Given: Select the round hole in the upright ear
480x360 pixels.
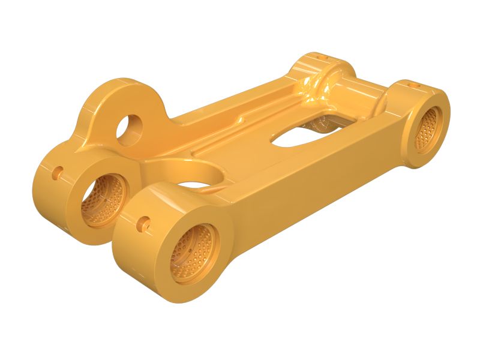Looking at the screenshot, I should click(x=130, y=130).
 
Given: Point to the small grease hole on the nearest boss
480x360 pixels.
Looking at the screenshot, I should click(x=142, y=226).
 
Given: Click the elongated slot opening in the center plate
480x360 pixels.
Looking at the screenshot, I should click(x=297, y=136).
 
